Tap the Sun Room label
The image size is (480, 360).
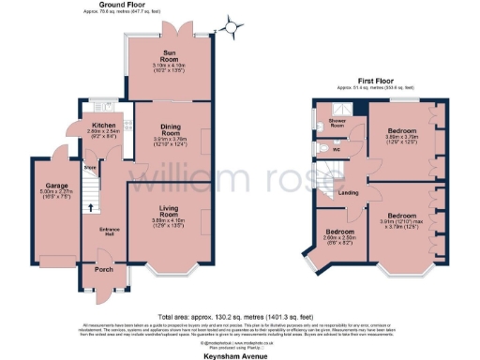click(171, 57)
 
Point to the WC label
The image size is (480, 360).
click(336, 147)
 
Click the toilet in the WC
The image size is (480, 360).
click(321, 147)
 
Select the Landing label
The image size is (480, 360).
click(346, 194)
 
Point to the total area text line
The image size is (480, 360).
click(239, 315)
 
